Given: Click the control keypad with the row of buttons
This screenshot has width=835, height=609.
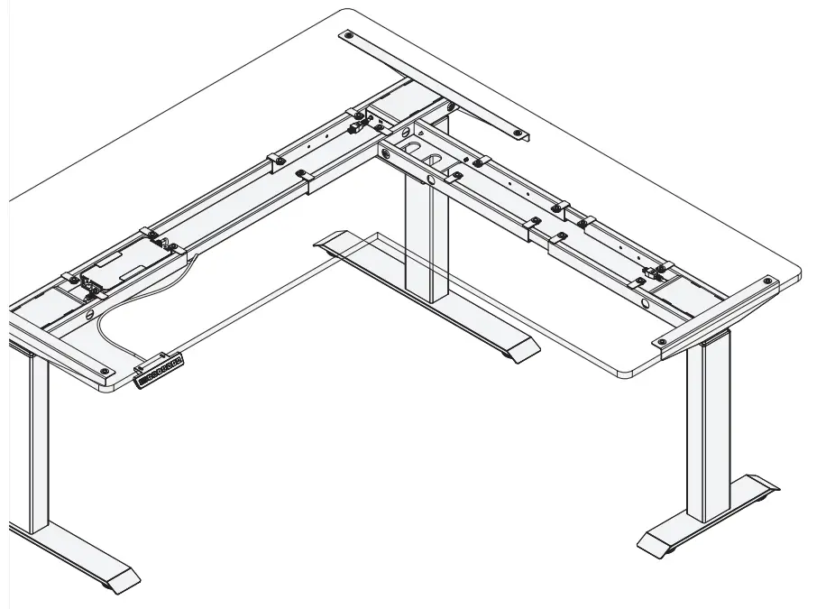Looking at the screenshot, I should pos(160,372).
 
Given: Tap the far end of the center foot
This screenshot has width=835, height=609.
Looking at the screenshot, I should pos(327,241).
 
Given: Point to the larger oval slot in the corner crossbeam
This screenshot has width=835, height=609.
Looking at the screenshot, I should pos(413,146).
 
